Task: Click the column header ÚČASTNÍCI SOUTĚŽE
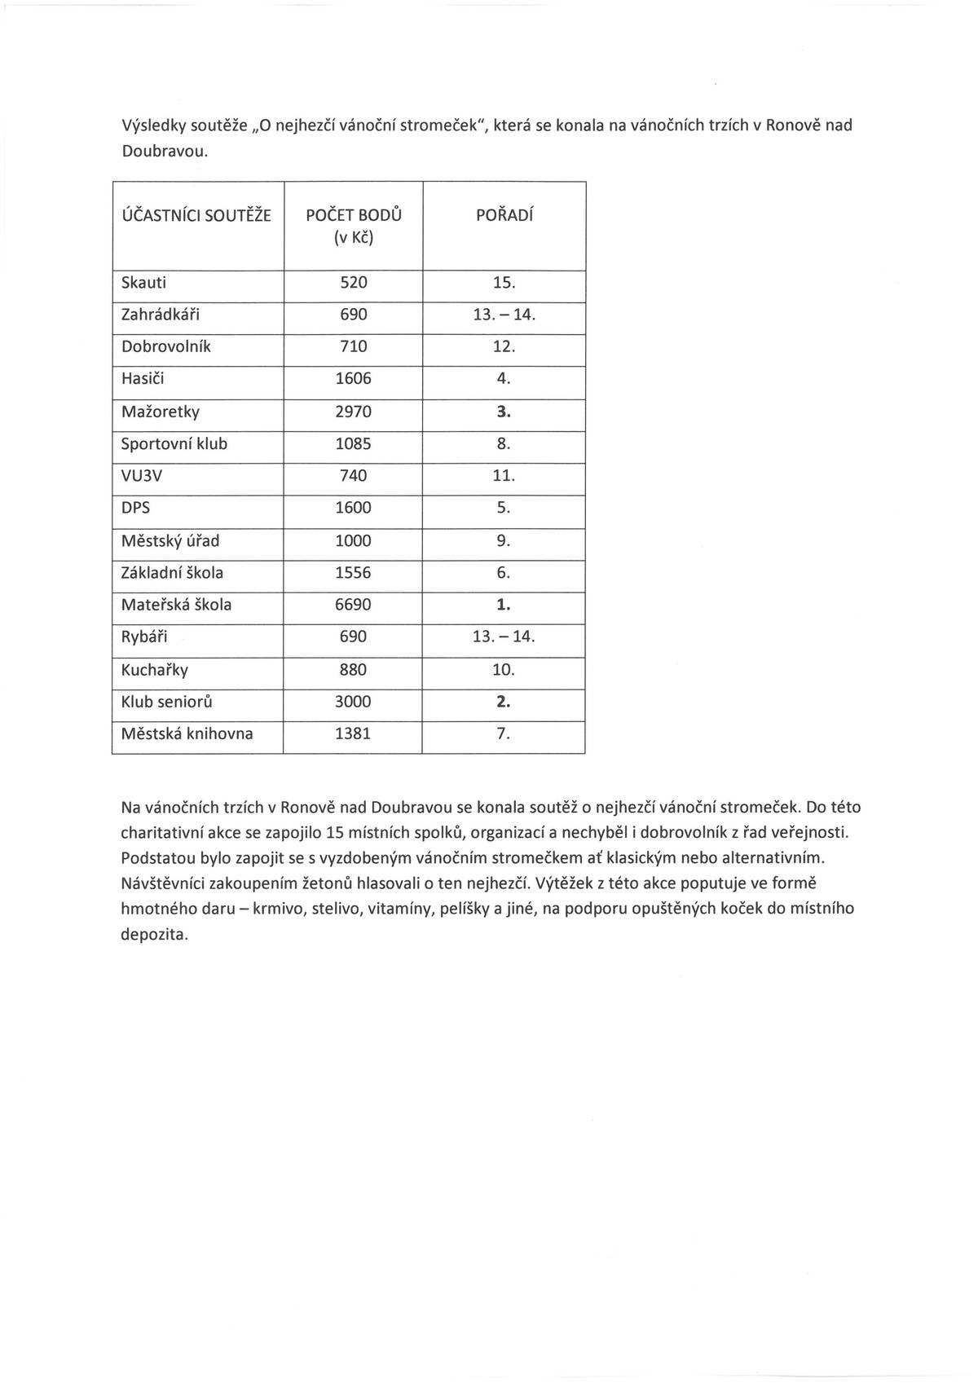click(196, 216)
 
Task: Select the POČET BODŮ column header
click(353, 216)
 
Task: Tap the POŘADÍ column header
click(504, 216)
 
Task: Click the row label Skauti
click(143, 283)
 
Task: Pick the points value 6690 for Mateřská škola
click(353, 605)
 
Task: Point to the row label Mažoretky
click(160, 412)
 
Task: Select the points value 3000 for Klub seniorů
click(353, 702)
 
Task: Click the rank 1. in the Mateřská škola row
click(504, 605)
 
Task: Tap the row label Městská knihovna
click(187, 733)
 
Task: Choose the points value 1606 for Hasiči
click(353, 379)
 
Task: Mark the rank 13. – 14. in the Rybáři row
click(504, 636)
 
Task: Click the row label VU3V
click(141, 476)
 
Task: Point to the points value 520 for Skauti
click(353, 283)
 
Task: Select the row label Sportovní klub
click(174, 444)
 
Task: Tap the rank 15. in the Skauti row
click(504, 283)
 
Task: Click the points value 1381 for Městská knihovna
click(353, 733)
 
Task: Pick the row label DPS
click(135, 508)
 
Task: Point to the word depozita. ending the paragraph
click(154, 934)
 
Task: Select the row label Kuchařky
click(154, 670)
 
